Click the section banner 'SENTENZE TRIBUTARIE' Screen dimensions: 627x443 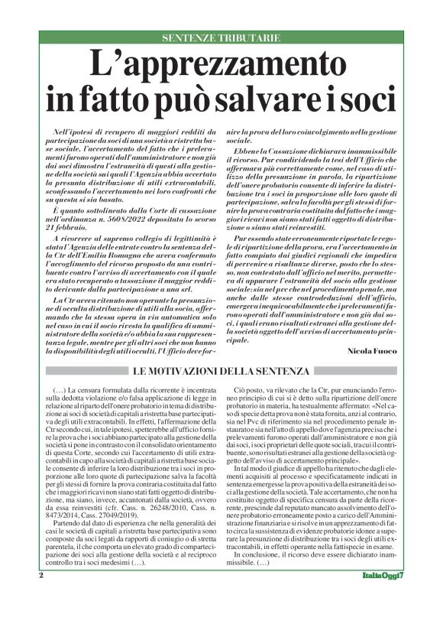pos(221,37)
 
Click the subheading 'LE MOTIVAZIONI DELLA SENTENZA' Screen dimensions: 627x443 pos(221,372)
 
